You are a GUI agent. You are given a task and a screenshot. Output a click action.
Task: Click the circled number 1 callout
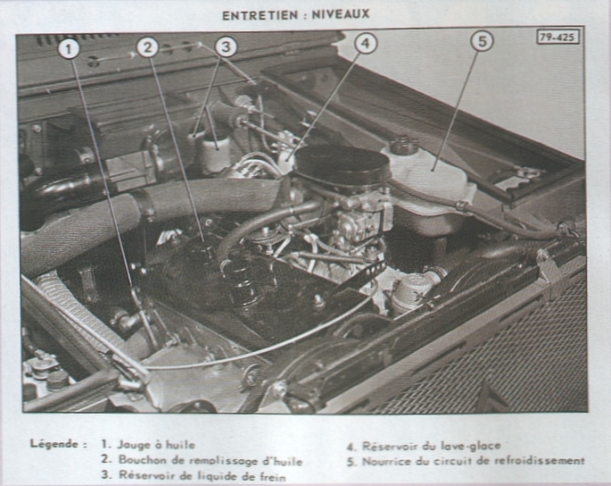click(69, 50)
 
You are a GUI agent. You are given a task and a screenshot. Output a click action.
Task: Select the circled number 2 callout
click(148, 47)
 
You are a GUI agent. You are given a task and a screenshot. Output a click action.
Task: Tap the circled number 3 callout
click(226, 46)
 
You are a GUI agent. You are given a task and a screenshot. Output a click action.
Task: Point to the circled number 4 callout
click(366, 43)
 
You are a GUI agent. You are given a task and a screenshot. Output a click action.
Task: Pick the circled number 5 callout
click(482, 41)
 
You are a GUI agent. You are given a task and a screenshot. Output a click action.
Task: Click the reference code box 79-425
click(557, 38)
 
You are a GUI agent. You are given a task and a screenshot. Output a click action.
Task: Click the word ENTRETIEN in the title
click(260, 15)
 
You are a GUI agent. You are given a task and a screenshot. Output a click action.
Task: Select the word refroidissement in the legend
click(540, 461)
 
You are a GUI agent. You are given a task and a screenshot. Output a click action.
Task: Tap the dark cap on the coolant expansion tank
click(404, 145)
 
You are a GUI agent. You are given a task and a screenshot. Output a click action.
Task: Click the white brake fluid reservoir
click(216, 152)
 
